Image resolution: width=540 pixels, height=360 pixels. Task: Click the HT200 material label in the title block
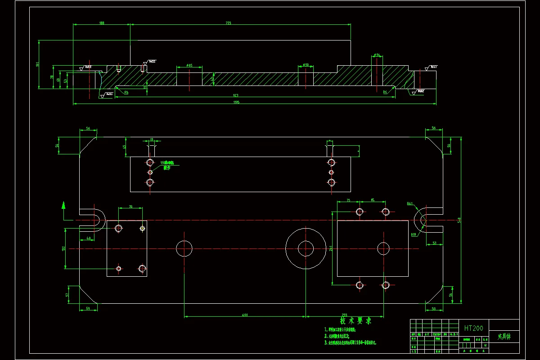point(473,328)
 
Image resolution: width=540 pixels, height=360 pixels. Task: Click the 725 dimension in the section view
point(228,23)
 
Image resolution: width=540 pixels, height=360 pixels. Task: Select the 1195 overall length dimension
point(236,102)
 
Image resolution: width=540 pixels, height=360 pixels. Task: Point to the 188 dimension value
point(101,23)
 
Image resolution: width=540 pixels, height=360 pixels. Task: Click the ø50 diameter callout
point(306,65)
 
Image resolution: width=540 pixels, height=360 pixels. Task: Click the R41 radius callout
point(409,204)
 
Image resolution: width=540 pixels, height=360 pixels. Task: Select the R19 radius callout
point(413,234)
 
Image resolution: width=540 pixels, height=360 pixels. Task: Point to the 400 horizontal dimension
point(245,315)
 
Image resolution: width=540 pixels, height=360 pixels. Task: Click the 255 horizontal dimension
point(344,315)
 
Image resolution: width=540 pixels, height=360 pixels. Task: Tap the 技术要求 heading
point(355,321)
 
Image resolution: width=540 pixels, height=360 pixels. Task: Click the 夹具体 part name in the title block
point(503,336)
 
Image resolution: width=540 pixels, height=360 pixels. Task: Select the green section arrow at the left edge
point(64,206)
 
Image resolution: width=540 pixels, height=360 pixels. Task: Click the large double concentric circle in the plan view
point(306,248)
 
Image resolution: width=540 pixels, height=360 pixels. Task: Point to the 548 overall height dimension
point(459,220)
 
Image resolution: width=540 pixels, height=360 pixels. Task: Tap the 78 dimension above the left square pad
point(130,207)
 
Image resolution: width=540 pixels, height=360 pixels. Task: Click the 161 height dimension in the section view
point(38,64)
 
